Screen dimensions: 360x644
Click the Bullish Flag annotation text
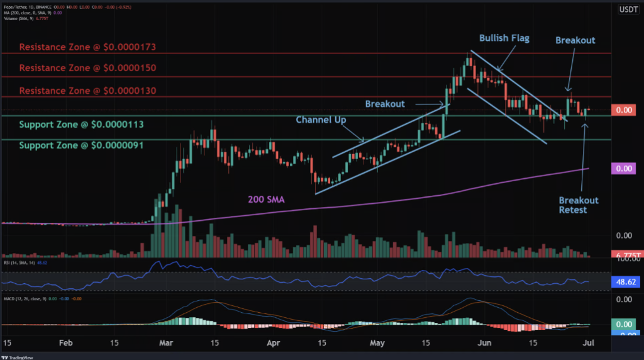click(504, 38)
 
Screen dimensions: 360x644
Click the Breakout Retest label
click(579, 205)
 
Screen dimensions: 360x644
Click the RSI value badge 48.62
click(624, 283)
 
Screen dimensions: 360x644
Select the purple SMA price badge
click(624, 169)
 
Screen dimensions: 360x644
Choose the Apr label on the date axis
click(272, 344)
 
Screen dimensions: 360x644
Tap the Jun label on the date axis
click(482, 344)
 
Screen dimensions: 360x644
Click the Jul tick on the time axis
click(584, 344)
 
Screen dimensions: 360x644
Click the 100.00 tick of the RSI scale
click(624, 259)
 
